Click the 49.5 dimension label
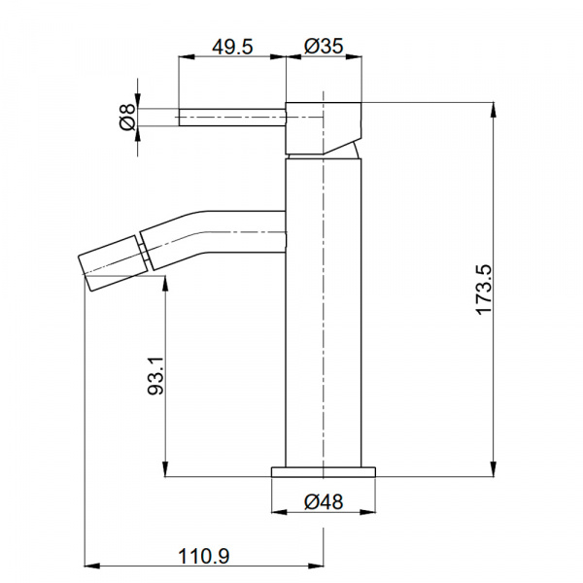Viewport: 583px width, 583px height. pos(232,47)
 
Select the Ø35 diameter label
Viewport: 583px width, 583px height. pos(324,46)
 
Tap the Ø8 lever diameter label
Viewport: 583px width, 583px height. pos(128,118)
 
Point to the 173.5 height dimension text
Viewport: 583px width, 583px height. pos(484,290)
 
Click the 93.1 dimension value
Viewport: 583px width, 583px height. pos(155,375)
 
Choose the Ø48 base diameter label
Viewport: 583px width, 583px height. pos(324,502)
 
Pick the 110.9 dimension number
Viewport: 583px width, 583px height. pos(204,557)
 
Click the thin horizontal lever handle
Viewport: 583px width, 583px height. pos(232,118)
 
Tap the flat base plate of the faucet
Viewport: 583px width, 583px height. pos(324,472)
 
